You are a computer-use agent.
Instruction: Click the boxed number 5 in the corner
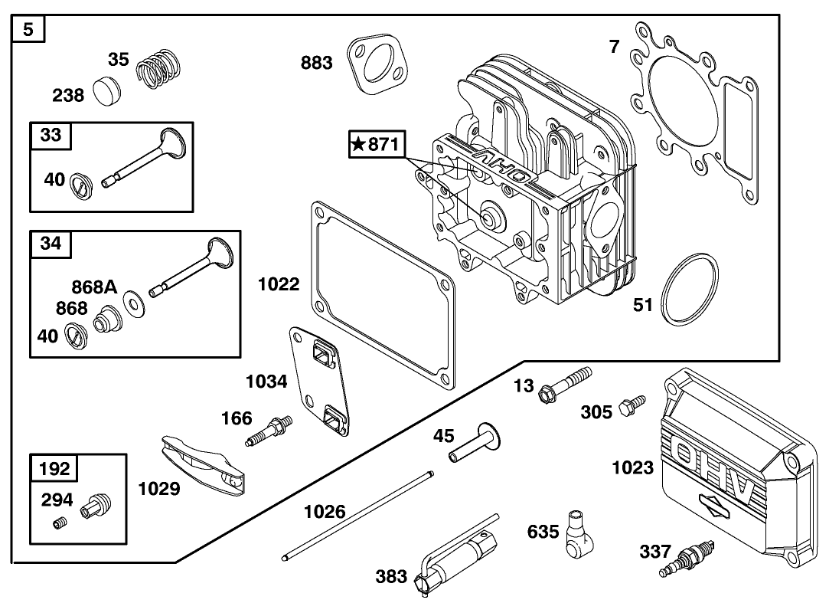(28, 31)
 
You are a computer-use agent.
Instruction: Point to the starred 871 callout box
(376, 145)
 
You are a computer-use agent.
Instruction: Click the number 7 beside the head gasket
(614, 47)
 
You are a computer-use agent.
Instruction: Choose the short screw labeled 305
(634, 405)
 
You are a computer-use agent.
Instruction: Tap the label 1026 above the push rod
(324, 511)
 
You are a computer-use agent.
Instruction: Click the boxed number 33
(51, 136)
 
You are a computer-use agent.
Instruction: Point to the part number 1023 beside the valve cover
(632, 467)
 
